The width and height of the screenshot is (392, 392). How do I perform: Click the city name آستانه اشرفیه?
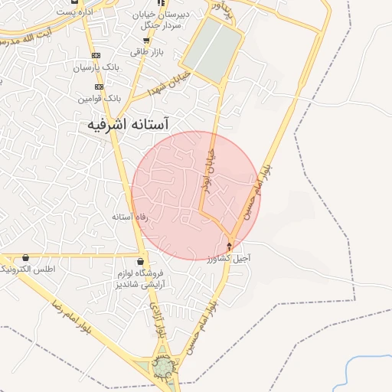pyautogui.click(x=128, y=124)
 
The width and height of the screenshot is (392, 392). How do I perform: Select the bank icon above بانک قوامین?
pyautogui.click(x=100, y=87)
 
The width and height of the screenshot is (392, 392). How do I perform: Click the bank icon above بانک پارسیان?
pyautogui.click(x=96, y=56)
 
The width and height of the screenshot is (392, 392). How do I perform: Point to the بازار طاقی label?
pyautogui.click(x=159, y=52)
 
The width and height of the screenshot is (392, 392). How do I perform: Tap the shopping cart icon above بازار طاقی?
pyautogui.click(x=146, y=41)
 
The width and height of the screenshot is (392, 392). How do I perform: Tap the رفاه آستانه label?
pyautogui.click(x=129, y=217)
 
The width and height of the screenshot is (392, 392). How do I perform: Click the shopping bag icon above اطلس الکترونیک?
pyautogui.click(x=27, y=258)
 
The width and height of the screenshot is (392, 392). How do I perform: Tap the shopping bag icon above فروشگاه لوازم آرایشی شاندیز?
pyautogui.click(x=139, y=263)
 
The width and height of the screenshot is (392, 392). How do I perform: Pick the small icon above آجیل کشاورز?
pyautogui.click(x=230, y=246)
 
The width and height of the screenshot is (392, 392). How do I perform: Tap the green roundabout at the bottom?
pyautogui.click(x=162, y=370)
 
